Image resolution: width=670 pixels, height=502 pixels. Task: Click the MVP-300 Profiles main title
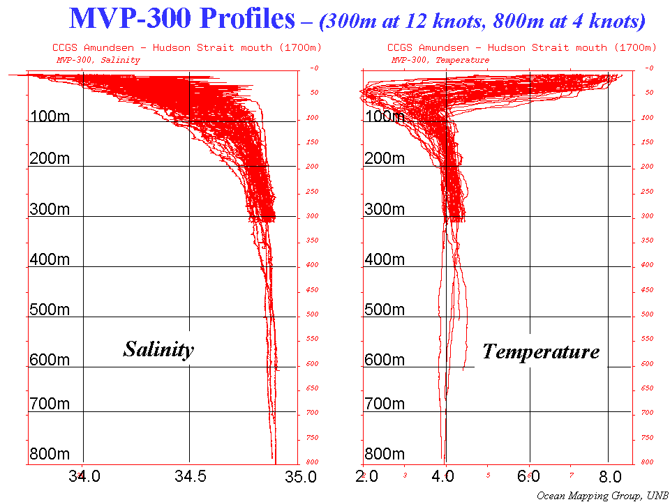(x=183, y=20)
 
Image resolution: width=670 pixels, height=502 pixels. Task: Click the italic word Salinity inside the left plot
(x=158, y=349)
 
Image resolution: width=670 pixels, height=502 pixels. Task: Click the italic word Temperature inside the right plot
(x=541, y=351)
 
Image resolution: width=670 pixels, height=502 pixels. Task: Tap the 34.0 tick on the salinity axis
(x=84, y=478)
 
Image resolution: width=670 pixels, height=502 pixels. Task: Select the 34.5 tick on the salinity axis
(x=190, y=478)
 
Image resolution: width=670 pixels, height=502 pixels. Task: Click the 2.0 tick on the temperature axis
(x=367, y=478)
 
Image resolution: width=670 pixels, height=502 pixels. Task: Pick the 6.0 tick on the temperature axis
(x=530, y=478)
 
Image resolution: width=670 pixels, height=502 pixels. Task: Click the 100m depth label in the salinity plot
(x=50, y=116)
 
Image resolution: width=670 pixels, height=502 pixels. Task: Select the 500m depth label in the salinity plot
(x=50, y=310)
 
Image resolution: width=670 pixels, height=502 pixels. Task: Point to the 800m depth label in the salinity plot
(x=50, y=454)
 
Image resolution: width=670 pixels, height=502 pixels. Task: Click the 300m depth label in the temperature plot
(x=385, y=209)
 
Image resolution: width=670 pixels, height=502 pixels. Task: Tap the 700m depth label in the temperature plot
(x=385, y=404)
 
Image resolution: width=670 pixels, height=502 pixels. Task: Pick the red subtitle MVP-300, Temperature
(x=440, y=60)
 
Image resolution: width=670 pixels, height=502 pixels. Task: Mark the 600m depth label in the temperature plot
(x=385, y=360)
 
